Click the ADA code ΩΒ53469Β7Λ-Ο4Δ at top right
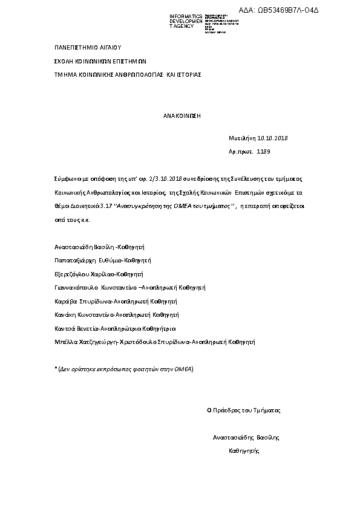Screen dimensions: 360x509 (x=309, y=10)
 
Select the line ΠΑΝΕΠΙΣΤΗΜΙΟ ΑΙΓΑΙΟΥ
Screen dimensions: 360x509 (x=88, y=46)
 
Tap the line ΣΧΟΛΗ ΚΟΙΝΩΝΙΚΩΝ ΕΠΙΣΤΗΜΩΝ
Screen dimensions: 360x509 (x=100, y=60)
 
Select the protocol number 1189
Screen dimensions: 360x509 (x=264, y=152)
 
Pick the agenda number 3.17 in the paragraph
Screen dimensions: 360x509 (x=105, y=206)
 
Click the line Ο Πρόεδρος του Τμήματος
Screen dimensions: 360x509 (x=244, y=410)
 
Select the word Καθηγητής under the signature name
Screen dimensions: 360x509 (x=243, y=451)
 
